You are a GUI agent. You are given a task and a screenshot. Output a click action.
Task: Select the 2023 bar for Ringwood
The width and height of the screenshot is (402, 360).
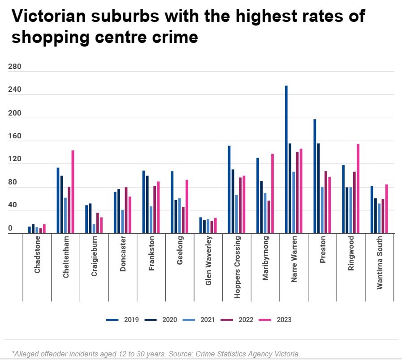pos(358,189)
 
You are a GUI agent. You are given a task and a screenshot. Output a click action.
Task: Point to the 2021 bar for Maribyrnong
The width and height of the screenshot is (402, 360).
pos(265,213)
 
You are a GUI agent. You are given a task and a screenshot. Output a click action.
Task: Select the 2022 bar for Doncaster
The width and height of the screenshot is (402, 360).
pos(126,210)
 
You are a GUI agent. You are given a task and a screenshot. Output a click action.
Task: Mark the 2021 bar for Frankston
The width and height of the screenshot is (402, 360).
pos(151,220)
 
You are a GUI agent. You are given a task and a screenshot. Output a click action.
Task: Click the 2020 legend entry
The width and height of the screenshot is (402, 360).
pos(163,320)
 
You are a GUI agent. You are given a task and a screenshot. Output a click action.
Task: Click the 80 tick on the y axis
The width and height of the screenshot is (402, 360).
pos(13,183)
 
